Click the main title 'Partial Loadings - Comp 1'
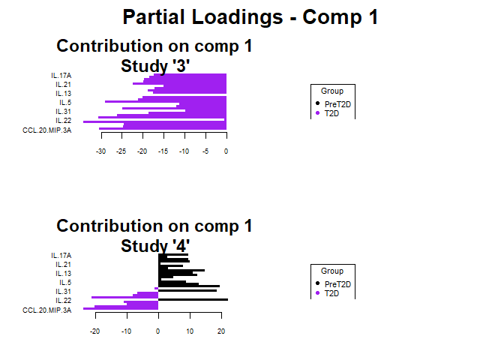click(x=250, y=17)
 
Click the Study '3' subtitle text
click(x=155, y=66)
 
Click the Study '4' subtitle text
click(x=155, y=246)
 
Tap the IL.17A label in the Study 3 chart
click(x=61, y=76)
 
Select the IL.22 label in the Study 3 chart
click(x=63, y=121)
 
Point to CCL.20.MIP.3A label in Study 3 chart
click(x=47, y=130)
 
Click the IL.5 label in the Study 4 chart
click(x=65, y=283)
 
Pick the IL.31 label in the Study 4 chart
click(x=63, y=292)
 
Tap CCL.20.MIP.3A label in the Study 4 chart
click(x=47, y=310)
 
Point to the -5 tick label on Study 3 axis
click(x=205, y=151)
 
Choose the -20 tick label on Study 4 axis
click(x=94, y=331)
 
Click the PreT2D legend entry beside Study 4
click(x=337, y=284)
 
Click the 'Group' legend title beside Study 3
click(x=331, y=91)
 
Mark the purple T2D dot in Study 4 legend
click(x=317, y=293)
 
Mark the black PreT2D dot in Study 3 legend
click(x=317, y=104)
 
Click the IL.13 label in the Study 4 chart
click(x=63, y=274)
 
